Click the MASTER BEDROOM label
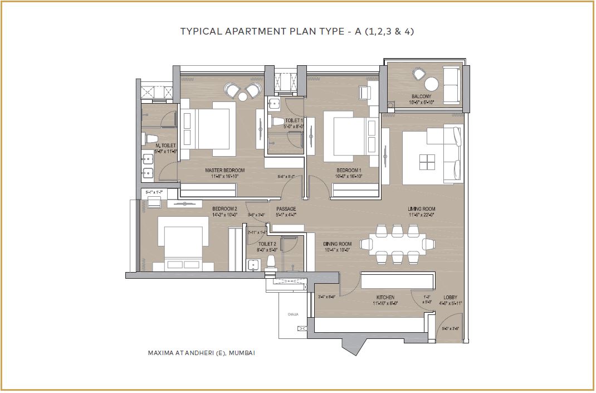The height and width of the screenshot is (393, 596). (x=224, y=170)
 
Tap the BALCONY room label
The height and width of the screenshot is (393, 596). (x=421, y=96)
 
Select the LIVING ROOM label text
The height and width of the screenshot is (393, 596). (x=421, y=209)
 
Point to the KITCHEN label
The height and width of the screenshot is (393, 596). (x=385, y=297)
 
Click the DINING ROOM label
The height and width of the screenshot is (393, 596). (x=338, y=244)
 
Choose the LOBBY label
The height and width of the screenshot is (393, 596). (x=451, y=297)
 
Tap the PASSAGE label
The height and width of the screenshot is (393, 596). (x=286, y=209)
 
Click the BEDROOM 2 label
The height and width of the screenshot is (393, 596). (x=224, y=209)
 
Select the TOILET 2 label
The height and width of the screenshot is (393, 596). (x=267, y=244)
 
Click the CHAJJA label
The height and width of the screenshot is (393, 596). (x=293, y=314)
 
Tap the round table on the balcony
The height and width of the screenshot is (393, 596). (x=432, y=84)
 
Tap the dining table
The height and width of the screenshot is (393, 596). (x=397, y=244)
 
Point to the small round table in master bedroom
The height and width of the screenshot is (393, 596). (x=243, y=96)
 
